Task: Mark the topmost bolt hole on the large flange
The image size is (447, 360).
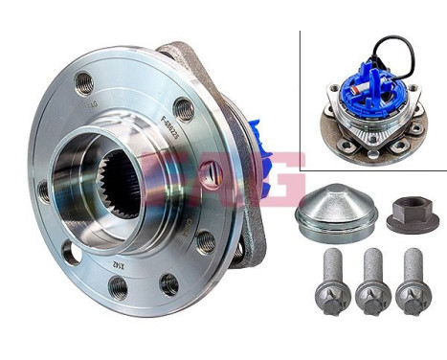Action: [x=84, y=81]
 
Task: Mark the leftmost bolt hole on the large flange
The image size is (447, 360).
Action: [x=44, y=191]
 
